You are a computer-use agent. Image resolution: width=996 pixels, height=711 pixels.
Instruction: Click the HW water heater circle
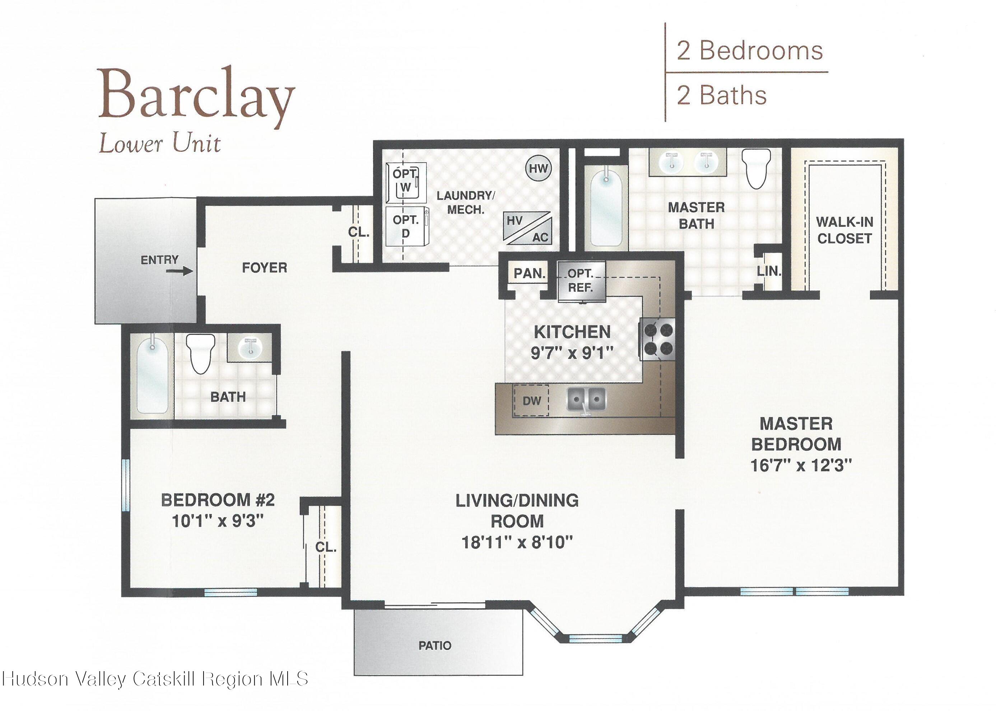pos(538,168)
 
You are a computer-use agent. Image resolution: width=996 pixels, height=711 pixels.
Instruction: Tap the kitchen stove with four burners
pos(658,339)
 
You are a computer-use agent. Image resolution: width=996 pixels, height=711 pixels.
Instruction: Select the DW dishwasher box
pos(531,400)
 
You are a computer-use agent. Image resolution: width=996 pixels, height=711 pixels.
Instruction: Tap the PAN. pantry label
pos(530,273)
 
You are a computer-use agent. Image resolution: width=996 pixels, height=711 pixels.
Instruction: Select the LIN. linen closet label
pos(769,271)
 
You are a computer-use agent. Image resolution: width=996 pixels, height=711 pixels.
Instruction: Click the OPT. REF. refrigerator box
pos(581,281)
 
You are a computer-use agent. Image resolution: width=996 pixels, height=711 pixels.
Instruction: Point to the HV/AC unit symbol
pos(527,228)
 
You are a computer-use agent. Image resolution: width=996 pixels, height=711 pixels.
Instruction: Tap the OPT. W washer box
pos(406,182)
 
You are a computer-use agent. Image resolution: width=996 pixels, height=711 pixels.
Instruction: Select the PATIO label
pos(434,645)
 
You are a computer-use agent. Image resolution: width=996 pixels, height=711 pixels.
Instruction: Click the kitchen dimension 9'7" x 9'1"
pos(571,352)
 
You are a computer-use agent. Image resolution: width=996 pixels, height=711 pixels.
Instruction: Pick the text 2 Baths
pos(721,95)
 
